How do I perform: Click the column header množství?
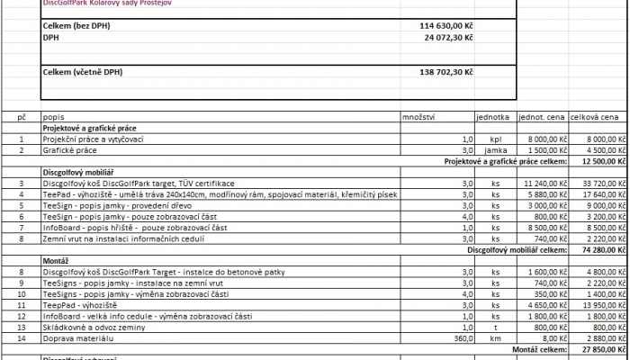coord(418,117)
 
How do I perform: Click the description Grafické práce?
coord(73,151)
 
